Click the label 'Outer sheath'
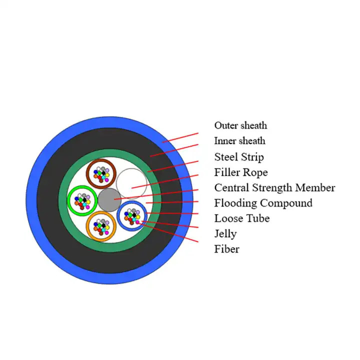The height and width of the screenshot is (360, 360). (240, 125)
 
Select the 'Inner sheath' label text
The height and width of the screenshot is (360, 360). (239, 141)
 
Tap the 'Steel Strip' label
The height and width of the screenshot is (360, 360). (238, 157)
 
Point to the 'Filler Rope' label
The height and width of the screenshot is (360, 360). (241, 172)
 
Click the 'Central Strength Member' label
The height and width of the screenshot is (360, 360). (274, 188)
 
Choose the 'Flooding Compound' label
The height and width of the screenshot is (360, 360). (263, 203)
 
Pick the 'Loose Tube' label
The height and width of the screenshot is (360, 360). (241, 218)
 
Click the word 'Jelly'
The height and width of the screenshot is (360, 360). (225, 233)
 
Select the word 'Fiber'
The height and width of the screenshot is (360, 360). (226, 249)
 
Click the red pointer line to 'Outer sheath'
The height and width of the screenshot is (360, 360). (180, 137)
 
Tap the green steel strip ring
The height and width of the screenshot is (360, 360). (63, 200)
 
